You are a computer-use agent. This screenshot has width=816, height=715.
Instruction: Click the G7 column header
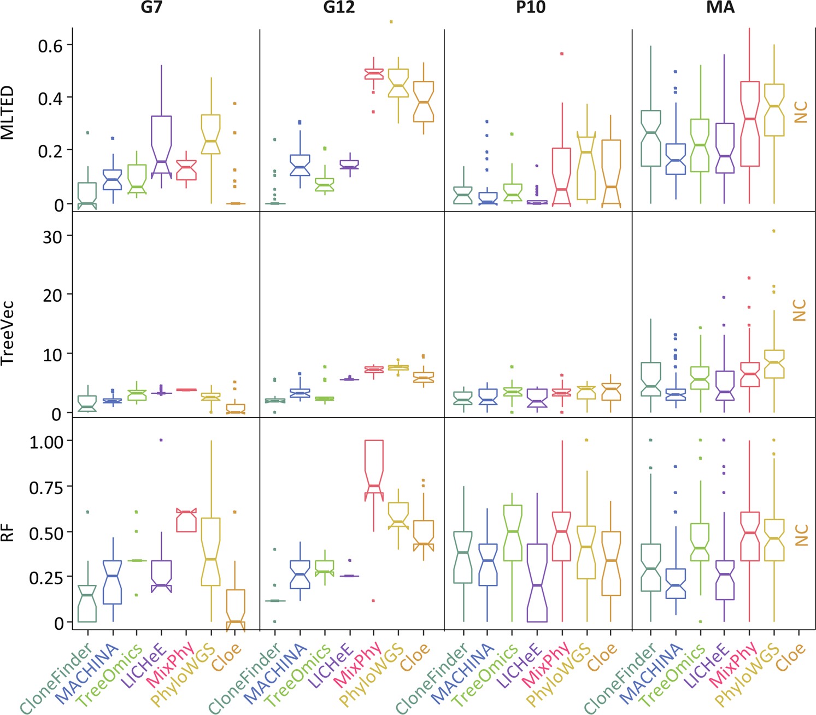point(151,8)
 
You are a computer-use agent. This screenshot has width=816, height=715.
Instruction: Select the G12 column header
point(339,8)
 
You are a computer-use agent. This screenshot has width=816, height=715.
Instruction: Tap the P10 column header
point(531,8)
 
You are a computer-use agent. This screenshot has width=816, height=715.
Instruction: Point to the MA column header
point(720,8)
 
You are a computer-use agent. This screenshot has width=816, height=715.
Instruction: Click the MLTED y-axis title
point(8,113)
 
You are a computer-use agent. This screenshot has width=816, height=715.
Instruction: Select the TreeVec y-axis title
point(8,333)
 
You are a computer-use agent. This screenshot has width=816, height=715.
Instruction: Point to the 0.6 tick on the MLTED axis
point(51,45)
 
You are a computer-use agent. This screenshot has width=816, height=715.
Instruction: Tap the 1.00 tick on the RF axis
point(46,442)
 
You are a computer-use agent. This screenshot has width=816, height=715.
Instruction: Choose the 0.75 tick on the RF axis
point(46,487)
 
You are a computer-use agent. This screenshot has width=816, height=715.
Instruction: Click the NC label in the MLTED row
point(800,112)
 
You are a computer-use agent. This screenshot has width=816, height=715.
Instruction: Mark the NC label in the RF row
point(800,535)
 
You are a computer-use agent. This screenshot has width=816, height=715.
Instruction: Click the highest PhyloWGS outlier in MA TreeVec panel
point(774,231)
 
